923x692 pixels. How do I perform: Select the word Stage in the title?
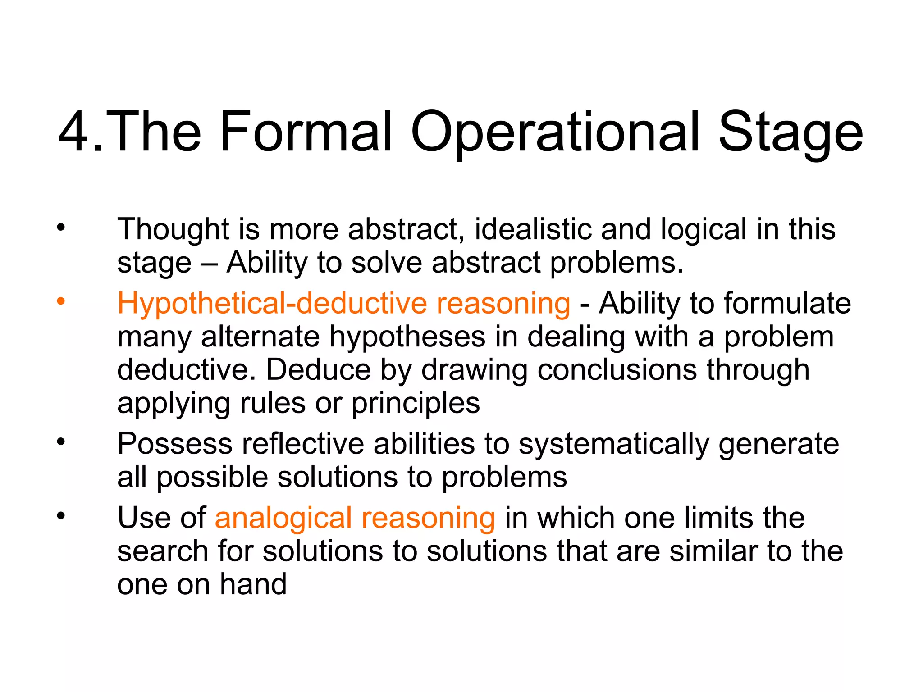click(x=790, y=133)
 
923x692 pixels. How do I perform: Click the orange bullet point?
click(x=61, y=301)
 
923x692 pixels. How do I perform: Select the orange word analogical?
click(x=283, y=518)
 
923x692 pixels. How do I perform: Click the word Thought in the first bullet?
click(x=174, y=229)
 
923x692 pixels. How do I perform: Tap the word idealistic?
click(x=532, y=229)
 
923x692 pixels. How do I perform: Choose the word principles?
click(x=416, y=403)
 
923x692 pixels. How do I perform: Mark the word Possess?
click(x=174, y=444)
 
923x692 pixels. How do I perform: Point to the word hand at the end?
click(x=253, y=584)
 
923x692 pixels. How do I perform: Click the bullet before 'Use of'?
click(x=61, y=515)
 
